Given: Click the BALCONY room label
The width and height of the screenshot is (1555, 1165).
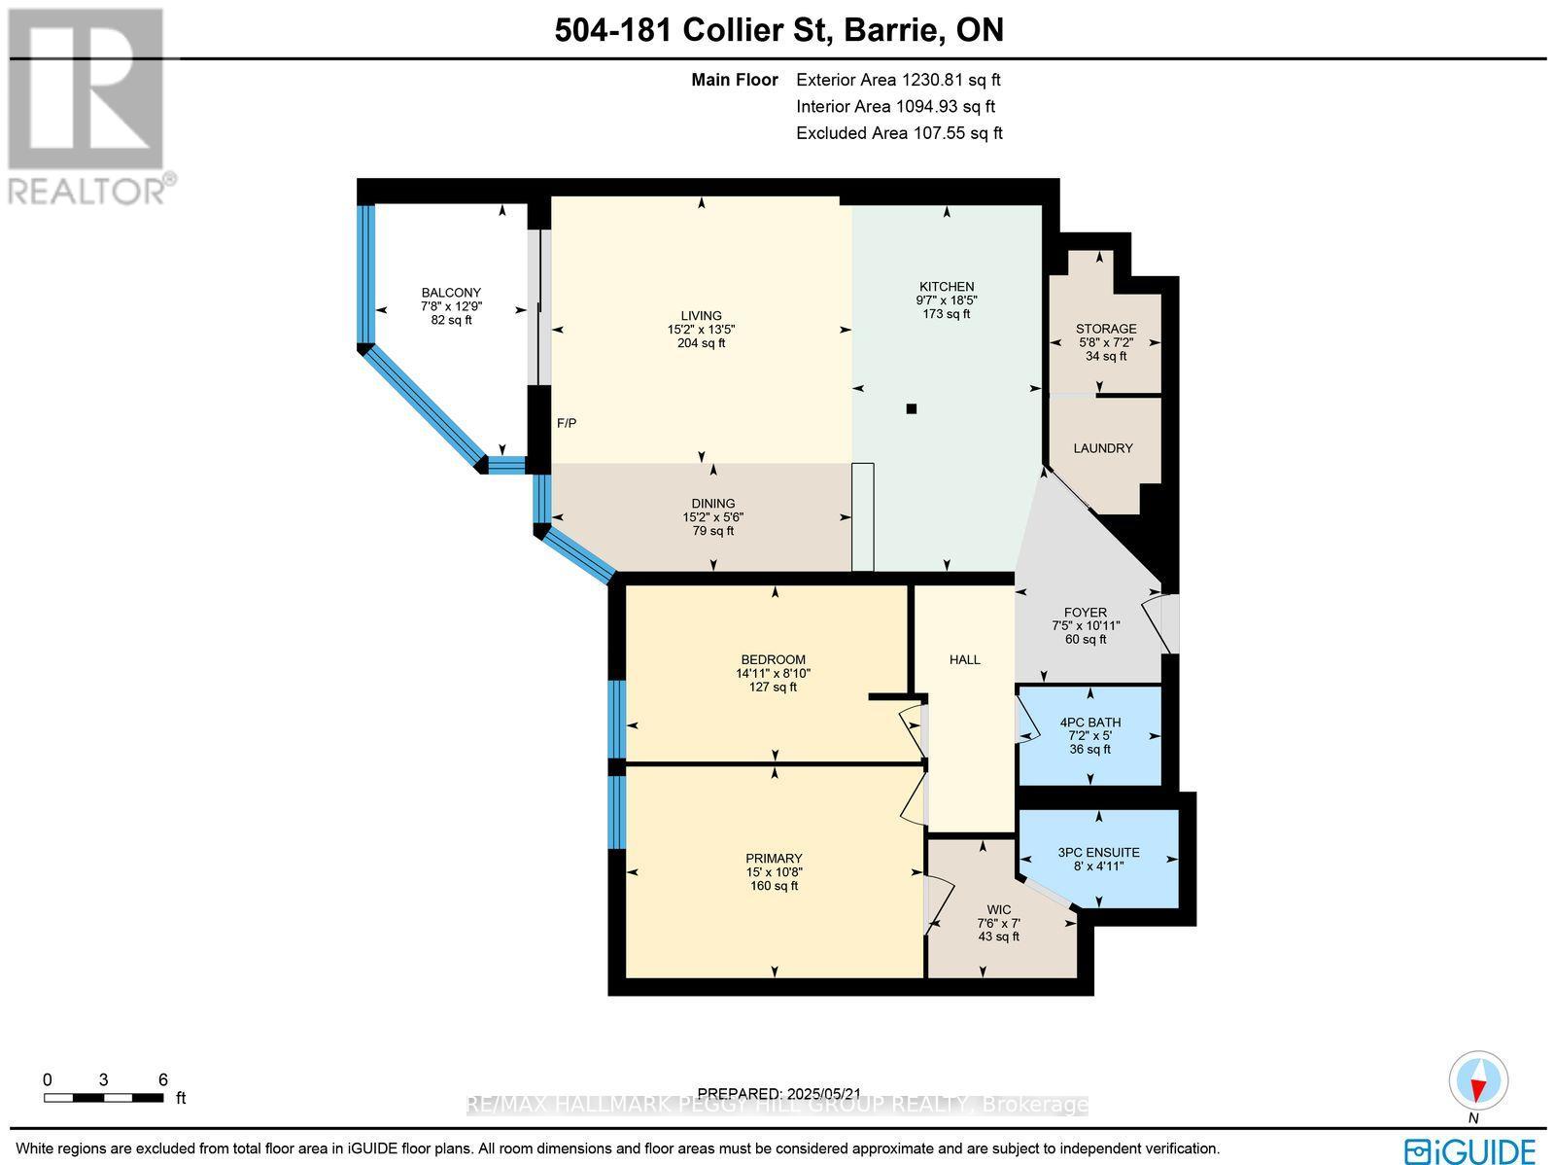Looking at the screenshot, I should click(x=451, y=293).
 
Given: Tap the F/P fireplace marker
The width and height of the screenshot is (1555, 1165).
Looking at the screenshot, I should click(x=567, y=423).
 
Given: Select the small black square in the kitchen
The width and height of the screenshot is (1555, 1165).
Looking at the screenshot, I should click(x=912, y=409).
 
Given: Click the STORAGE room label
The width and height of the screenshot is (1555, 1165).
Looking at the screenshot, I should click(x=1105, y=329).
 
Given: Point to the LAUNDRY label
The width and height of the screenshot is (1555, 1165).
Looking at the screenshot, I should click(x=1103, y=448).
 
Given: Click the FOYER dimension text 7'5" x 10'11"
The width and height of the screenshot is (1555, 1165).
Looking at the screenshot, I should click(x=1086, y=626).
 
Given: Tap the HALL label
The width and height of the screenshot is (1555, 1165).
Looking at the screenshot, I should click(x=965, y=659).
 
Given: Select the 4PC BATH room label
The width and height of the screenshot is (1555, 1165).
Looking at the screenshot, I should click(x=1089, y=723).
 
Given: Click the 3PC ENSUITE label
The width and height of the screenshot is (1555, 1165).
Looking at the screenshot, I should click(x=1098, y=853).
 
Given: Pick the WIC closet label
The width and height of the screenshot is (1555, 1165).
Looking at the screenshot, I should click(x=999, y=910).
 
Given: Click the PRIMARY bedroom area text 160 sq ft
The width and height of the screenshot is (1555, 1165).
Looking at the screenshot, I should click(x=774, y=886).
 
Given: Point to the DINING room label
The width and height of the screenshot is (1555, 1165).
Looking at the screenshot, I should click(x=713, y=504).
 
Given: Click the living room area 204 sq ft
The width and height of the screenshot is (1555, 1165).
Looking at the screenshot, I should click(x=701, y=343).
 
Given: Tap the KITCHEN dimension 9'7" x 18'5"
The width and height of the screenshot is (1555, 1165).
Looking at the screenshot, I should click(x=947, y=300).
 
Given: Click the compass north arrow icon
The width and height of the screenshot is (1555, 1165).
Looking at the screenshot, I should click(x=1478, y=1081).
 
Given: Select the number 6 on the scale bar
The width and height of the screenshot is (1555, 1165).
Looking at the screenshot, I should click(x=163, y=1079).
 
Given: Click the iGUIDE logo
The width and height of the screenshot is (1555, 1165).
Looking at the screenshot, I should click(x=1470, y=1151).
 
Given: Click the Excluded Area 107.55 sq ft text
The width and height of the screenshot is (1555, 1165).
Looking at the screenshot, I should click(x=899, y=133).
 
